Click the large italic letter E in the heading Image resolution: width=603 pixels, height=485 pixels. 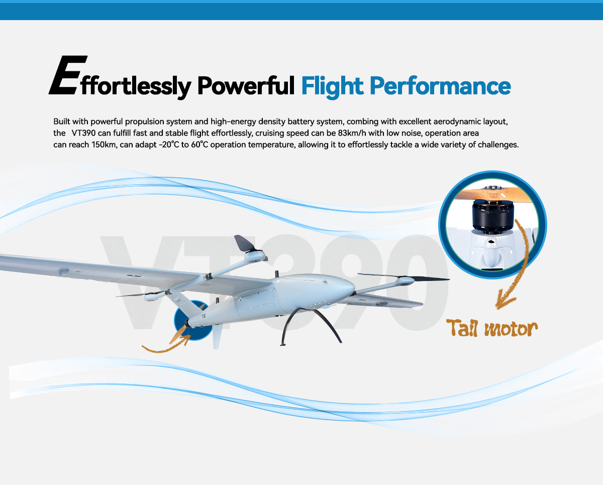coord(64,75)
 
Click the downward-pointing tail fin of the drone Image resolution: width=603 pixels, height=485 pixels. coord(217,337)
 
